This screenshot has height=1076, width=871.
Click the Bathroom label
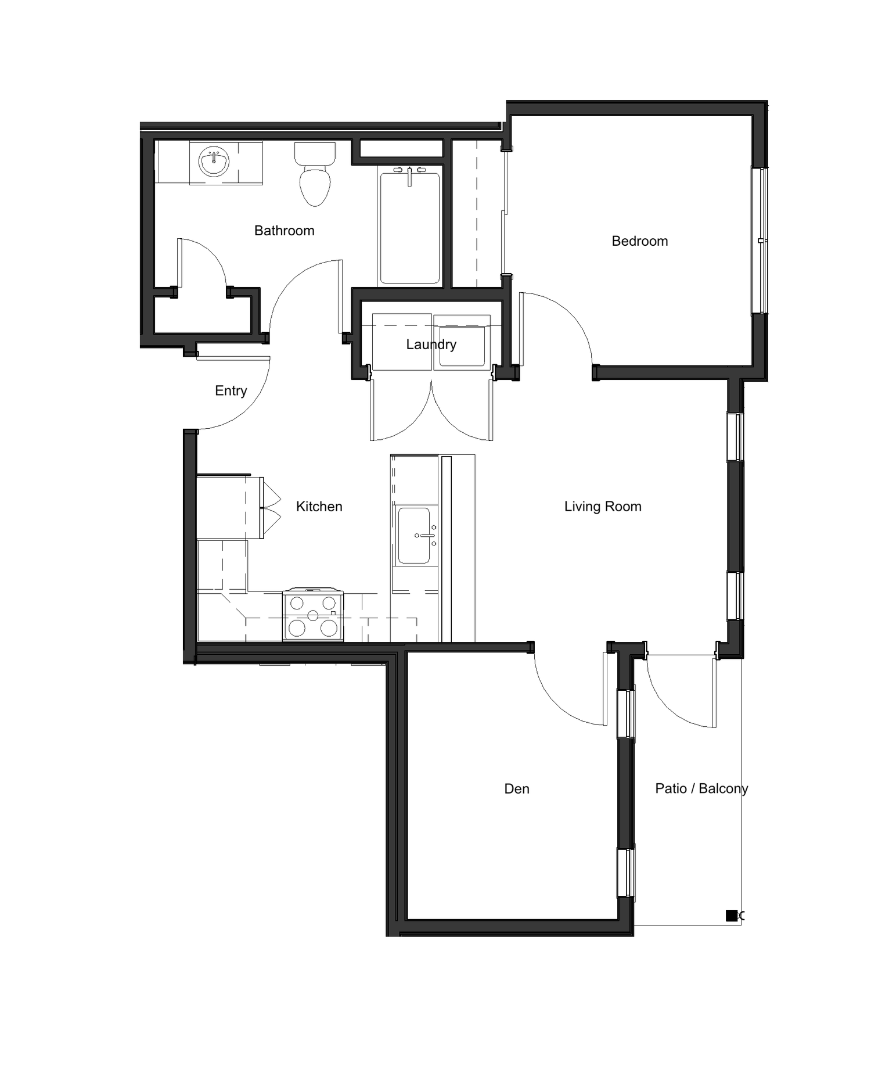point(284,231)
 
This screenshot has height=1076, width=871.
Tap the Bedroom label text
point(639,241)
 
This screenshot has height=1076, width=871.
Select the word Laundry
point(431,345)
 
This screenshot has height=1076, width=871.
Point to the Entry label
point(231,391)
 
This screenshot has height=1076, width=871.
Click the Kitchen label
point(319,507)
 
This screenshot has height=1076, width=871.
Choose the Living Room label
point(602,507)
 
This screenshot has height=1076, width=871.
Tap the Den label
point(516,789)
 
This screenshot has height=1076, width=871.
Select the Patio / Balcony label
point(701,789)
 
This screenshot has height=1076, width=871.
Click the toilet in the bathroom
point(315,177)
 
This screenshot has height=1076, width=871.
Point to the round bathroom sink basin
point(214,161)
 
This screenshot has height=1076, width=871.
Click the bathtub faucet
point(409,174)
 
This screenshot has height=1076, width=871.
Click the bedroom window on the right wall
point(760,241)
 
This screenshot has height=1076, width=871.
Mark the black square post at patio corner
point(732,916)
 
